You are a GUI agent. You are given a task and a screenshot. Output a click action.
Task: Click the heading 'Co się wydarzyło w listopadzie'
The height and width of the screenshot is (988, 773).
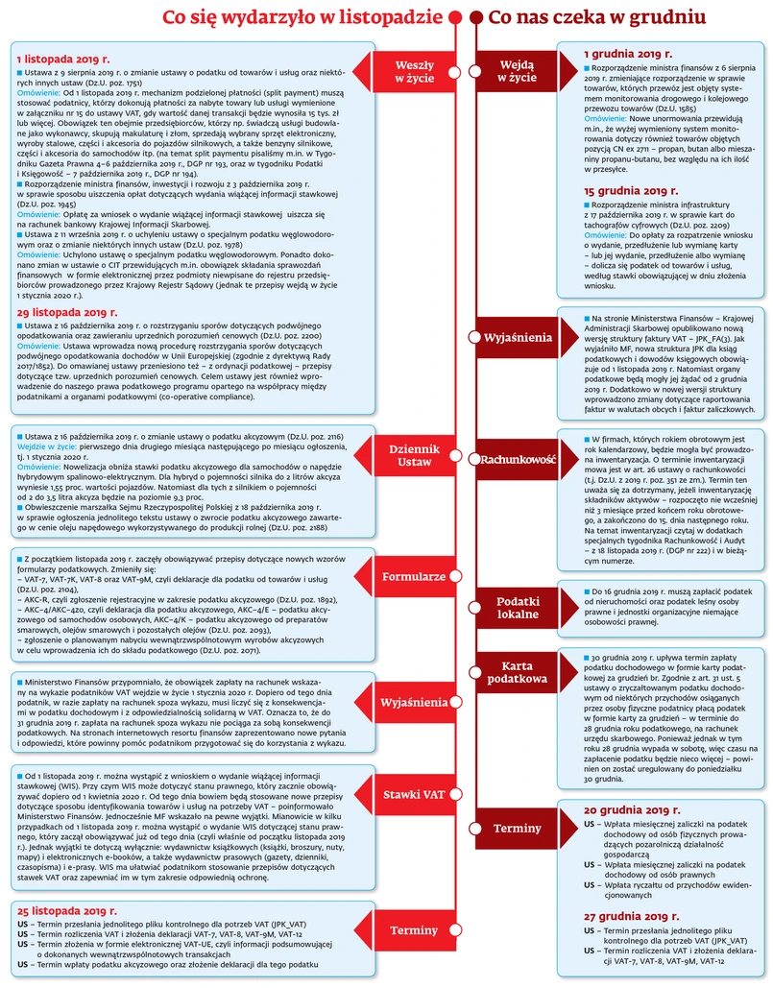[303, 18]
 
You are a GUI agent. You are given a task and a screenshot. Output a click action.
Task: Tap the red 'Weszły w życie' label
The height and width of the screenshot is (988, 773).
[415, 72]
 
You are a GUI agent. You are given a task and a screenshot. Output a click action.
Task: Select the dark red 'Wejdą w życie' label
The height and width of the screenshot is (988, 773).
[518, 72]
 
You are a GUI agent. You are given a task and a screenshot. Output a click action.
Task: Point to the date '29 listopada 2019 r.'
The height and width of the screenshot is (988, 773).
[66, 312]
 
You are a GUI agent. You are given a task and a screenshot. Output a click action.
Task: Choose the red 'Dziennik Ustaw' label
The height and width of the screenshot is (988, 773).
[415, 456]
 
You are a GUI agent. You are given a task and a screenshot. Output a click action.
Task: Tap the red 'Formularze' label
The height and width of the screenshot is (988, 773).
[414, 577]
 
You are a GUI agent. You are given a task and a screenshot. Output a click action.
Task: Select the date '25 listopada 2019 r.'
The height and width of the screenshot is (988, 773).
[66, 908]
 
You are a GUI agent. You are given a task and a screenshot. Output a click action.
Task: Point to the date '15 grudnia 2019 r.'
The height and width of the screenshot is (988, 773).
[636, 191]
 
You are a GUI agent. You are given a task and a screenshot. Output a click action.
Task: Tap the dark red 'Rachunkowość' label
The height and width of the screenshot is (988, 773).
[518, 459]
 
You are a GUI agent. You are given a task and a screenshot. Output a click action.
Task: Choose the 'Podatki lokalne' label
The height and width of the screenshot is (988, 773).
[518, 608]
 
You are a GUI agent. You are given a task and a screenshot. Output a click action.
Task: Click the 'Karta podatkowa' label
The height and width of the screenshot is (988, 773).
[518, 673]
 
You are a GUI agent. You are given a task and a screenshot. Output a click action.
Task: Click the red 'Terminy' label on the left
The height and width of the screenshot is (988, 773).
[414, 930]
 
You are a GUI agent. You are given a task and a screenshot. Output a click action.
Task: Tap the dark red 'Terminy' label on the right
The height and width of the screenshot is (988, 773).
[518, 828]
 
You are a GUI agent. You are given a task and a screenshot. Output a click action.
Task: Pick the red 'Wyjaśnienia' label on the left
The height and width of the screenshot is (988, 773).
[414, 703]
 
